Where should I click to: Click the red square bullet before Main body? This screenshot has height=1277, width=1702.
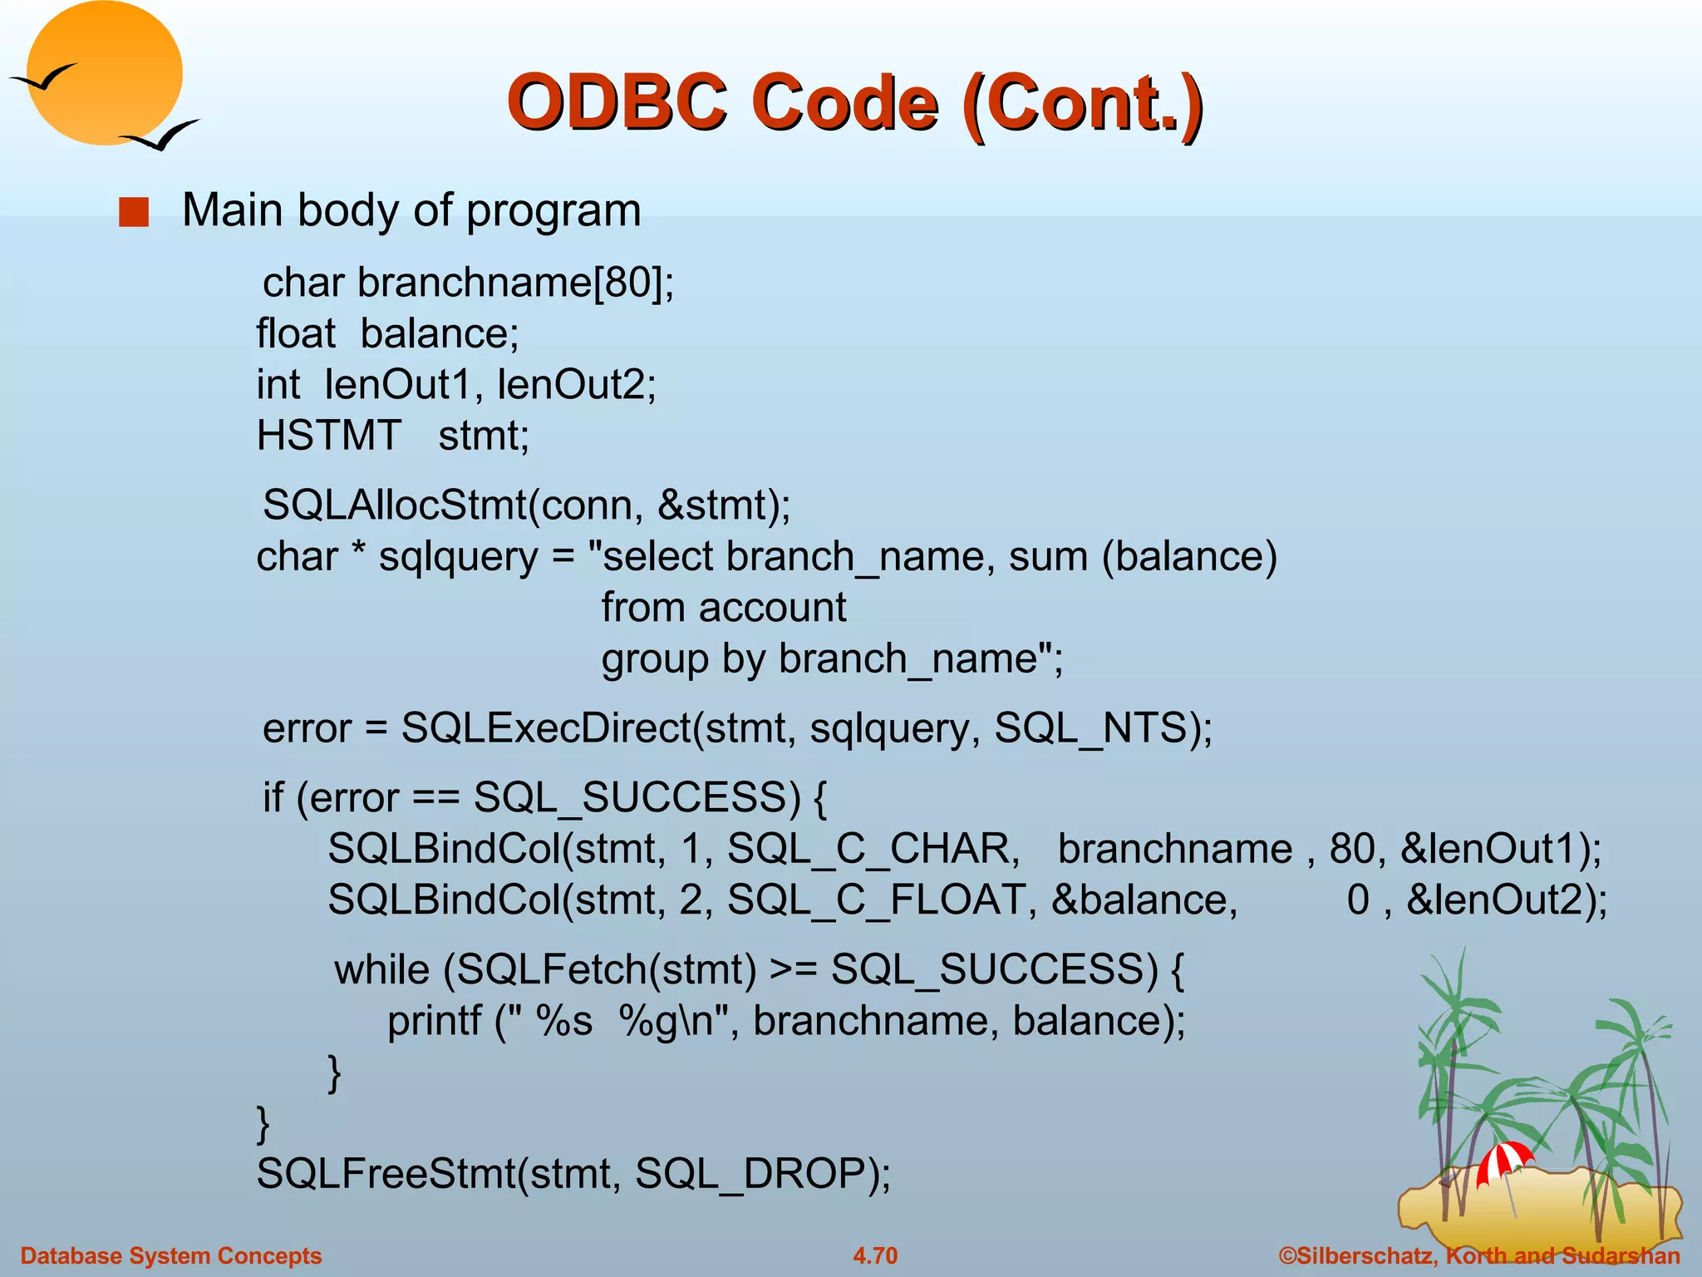click(134, 212)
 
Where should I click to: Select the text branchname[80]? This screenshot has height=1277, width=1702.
click(515, 284)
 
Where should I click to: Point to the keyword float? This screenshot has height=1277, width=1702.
click(295, 334)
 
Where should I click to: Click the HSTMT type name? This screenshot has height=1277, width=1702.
click(328, 436)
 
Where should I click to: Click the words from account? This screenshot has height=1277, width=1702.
click(723, 608)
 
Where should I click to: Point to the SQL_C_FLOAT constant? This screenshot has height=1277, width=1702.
click(876, 900)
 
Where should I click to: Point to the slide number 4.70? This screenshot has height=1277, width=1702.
click(875, 1255)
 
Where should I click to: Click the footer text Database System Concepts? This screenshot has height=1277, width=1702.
click(170, 1255)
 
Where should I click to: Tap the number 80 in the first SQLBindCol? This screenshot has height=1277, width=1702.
click(1351, 850)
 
